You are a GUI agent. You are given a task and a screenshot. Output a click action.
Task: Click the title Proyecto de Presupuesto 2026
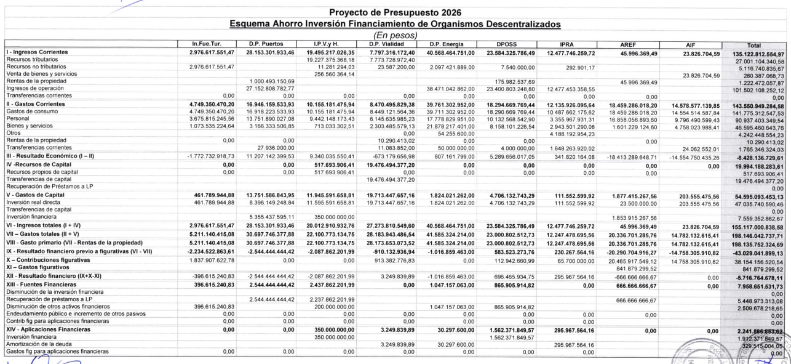point(395,13)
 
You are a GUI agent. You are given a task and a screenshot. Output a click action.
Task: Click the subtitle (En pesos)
point(395,36)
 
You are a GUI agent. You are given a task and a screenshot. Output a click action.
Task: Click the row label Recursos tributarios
point(30,59)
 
